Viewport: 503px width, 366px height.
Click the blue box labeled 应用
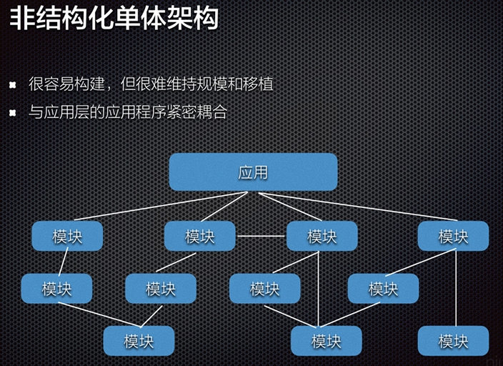[253, 172]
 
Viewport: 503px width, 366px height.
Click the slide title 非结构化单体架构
[114, 18]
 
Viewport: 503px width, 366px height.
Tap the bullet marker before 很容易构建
[13, 85]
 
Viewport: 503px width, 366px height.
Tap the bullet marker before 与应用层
[13, 113]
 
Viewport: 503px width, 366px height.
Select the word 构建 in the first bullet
[89, 84]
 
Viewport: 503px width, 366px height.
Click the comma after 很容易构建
[109, 89]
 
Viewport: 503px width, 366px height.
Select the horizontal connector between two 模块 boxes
[261, 236]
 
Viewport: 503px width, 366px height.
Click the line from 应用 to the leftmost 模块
[161, 206]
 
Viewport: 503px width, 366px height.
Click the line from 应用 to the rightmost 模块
[358, 207]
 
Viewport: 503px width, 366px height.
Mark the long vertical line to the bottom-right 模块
[456, 287]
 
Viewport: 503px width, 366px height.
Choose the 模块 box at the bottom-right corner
[453, 341]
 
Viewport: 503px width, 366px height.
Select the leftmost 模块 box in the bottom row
[139, 341]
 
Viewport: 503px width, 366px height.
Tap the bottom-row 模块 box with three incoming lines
[327, 341]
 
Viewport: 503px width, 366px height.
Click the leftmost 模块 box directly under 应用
[67, 236]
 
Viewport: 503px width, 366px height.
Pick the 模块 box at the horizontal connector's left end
[200, 236]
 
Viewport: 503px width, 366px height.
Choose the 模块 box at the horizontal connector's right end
[322, 236]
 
